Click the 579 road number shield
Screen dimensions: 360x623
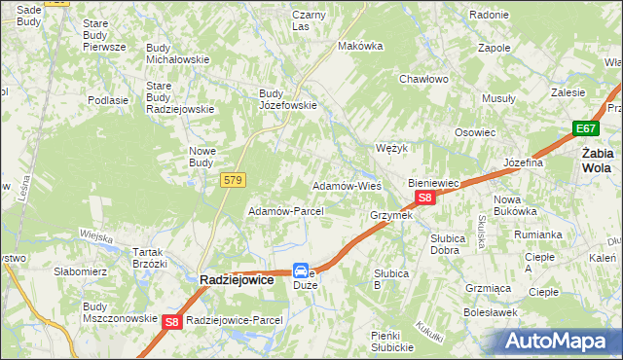233,180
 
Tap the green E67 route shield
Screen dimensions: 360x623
584,128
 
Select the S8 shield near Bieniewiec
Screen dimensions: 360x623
423,198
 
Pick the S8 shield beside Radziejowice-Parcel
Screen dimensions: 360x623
172,322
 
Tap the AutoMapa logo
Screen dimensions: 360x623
557,341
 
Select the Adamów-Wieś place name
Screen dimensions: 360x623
346,185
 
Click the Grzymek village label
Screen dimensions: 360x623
391,215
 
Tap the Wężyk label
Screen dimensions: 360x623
390,148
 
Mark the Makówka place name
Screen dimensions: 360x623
357,46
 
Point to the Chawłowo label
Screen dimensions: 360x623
422,79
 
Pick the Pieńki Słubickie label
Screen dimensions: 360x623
394,341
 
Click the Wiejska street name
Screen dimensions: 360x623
96,234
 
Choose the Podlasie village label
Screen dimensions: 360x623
108,100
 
